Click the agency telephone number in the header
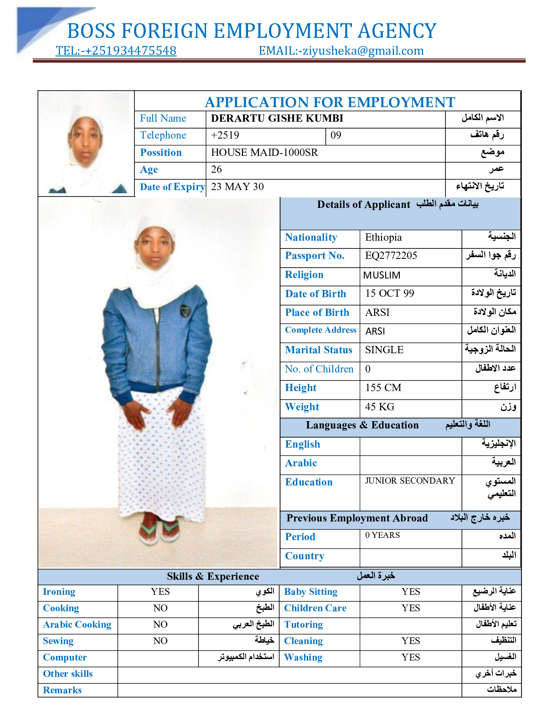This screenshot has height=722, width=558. point(116,51)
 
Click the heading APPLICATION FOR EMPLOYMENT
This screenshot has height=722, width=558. point(330,102)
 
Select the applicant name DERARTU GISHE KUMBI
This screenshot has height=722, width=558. point(277,119)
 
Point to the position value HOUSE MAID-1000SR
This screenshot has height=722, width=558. point(264,153)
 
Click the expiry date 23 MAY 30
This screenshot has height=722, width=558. point(237,187)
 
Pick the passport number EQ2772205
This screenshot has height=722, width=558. point(391,256)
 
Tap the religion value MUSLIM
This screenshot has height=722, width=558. point(382,275)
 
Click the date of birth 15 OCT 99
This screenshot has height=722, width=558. point(389,294)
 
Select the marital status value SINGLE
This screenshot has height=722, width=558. point(384,350)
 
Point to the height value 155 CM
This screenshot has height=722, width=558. point(383,388)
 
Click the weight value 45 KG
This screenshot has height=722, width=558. point(379,407)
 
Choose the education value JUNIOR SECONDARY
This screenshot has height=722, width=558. point(410,481)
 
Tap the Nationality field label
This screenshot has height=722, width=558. point(311,237)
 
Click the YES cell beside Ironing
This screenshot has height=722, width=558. point(160,592)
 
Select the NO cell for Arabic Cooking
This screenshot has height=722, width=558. point(160,624)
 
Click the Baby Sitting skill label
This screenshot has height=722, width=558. point(310,592)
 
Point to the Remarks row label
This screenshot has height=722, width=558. point(62,690)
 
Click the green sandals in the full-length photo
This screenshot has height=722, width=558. point(160,531)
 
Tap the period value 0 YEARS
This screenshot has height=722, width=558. point(382,535)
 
